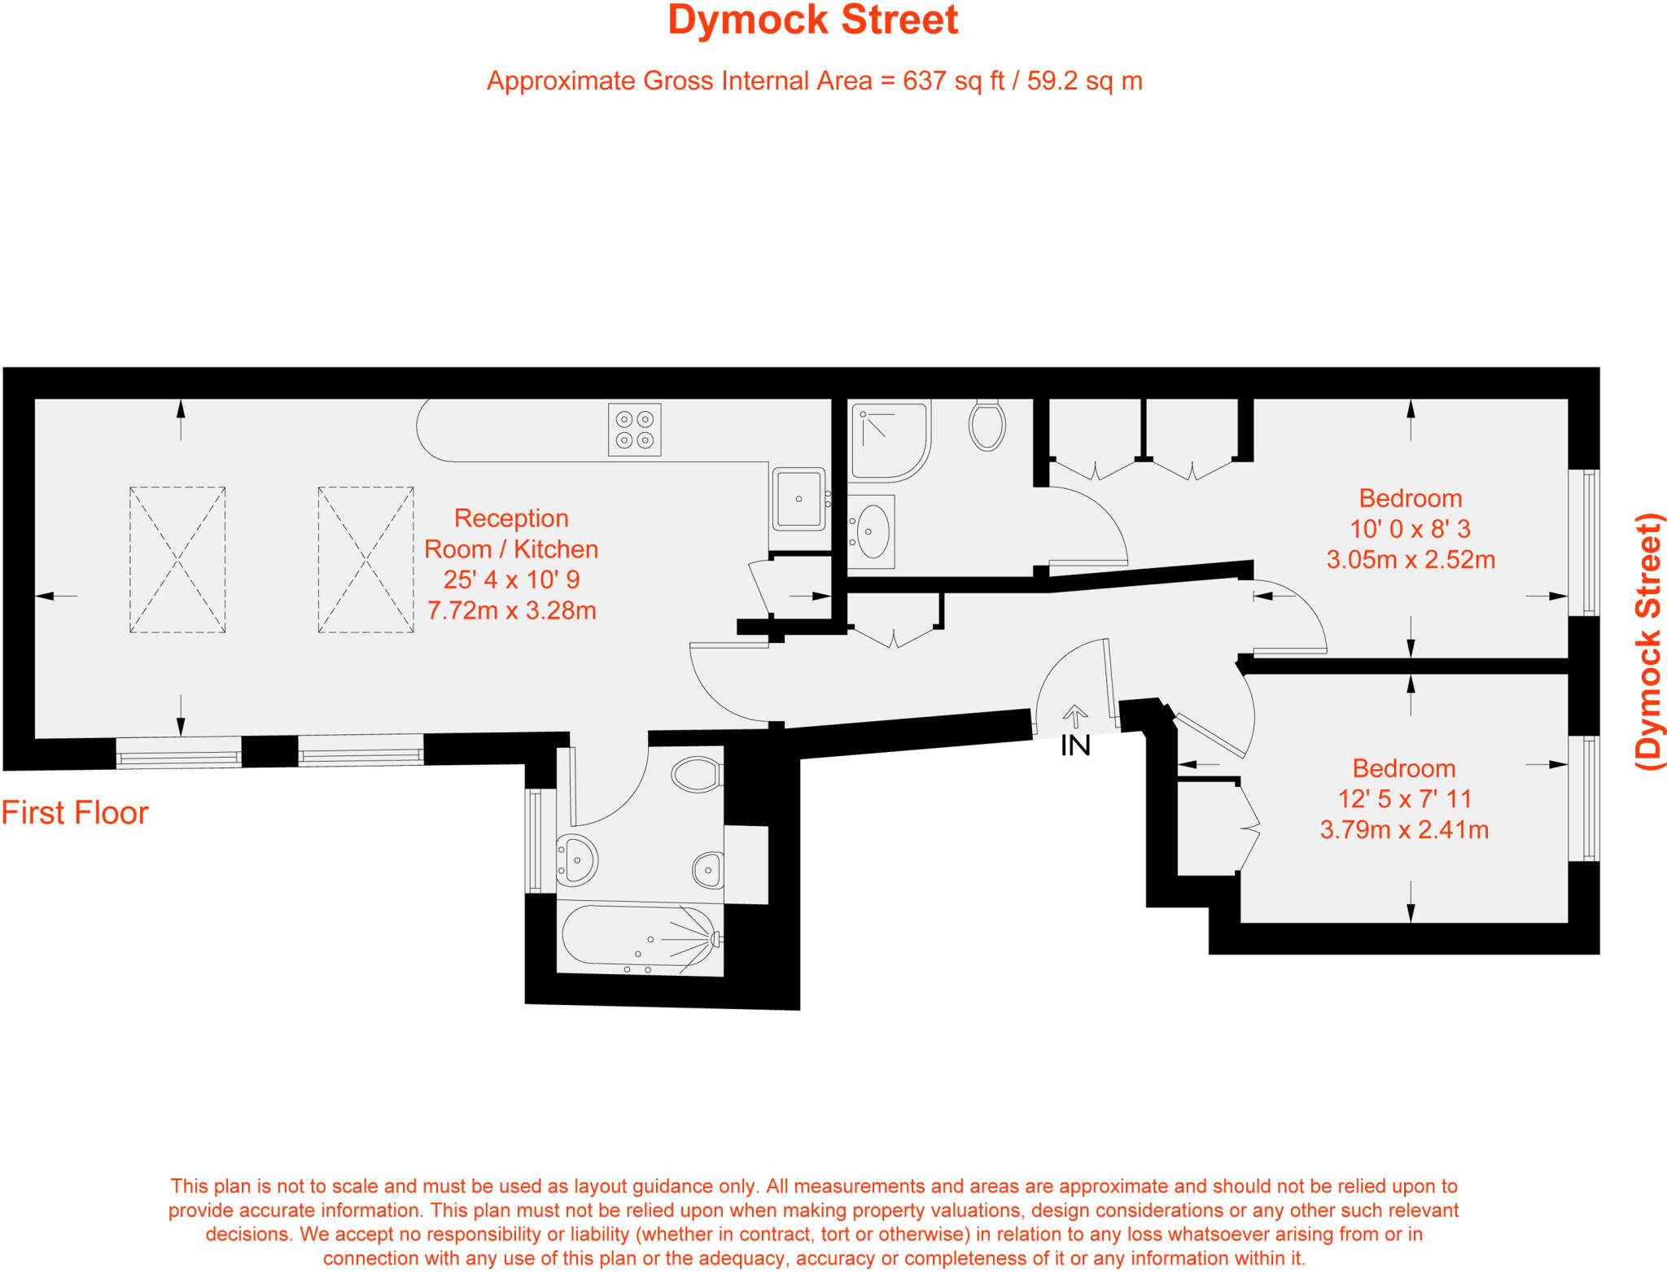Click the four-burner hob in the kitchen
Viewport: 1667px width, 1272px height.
point(634,429)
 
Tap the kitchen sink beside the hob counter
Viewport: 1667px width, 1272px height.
point(798,499)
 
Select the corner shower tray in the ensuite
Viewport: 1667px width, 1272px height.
point(888,440)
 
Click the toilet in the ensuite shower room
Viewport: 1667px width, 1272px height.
point(987,425)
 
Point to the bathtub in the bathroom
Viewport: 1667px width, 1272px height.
point(639,938)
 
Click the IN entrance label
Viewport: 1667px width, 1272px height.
point(1075,745)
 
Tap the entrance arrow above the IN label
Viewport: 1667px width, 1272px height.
point(1075,715)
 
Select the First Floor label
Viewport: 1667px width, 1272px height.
point(75,813)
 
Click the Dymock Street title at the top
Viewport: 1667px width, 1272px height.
point(812,20)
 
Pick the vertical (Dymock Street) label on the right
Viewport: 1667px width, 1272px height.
point(1649,641)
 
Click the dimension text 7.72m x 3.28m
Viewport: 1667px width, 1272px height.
point(511,610)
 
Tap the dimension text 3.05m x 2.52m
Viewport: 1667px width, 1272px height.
point(1411,560)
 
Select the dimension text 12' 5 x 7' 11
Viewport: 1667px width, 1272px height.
point(1404,799)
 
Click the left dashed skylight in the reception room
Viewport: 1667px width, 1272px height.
point(177,560)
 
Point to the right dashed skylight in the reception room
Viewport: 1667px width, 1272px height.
point(365,560)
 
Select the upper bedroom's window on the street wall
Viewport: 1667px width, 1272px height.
point(1584,543)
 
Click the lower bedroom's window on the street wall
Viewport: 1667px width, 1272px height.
point(1584,798)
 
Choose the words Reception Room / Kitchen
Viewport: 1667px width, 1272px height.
point(511,534)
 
